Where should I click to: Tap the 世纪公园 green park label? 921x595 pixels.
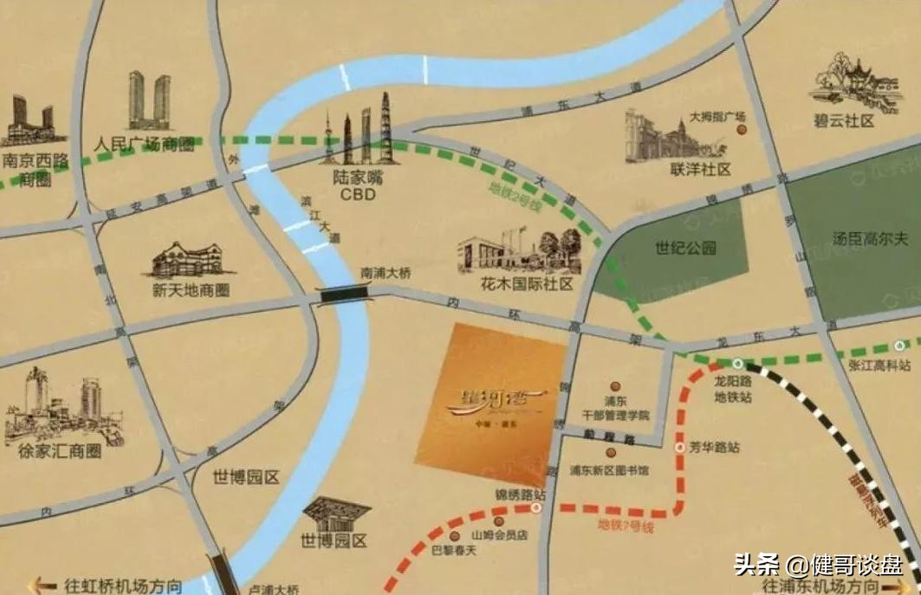point(685,249)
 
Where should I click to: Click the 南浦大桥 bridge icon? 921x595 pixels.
point(345,294)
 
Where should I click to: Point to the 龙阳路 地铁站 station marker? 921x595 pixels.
point(737,364)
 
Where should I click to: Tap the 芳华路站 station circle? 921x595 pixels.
point(679,448)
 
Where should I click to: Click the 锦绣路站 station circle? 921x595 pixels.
point(536,509)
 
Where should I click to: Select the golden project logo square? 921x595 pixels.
point(490,404)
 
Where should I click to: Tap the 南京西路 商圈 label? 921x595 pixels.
point(36,169)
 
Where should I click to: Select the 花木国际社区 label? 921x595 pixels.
point(518,283)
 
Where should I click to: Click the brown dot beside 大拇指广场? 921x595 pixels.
point(741,130)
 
